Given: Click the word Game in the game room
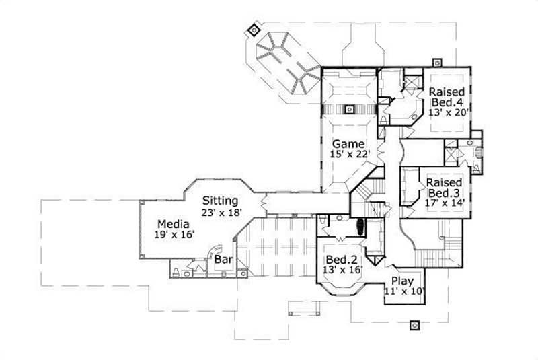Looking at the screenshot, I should pyautogui.click(x=347, y=144).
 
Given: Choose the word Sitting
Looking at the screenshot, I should pyautogui.click(x=221, y=201).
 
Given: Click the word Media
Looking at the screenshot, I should pyautogui.click(x=172, y=224).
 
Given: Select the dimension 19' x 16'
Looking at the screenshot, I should pyautogui.click(x=172, y=235).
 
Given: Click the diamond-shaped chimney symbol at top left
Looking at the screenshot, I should pyautogui.click(x=254, y=30).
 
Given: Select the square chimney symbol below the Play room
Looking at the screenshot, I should pyautogui.click(x=416, y=325).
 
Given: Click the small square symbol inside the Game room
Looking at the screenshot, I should pyautogui.click(x=348, y=109).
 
